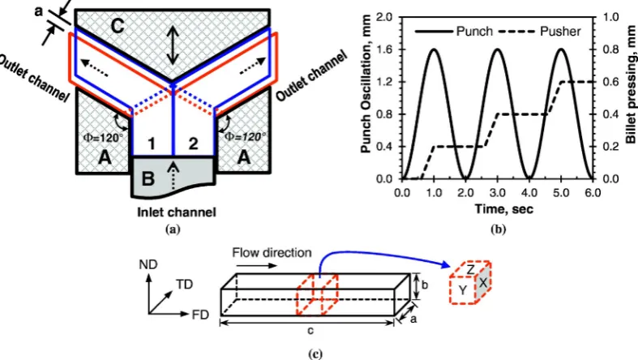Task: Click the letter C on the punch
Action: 118,26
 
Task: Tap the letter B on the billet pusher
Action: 148,178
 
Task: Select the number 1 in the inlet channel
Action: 152,144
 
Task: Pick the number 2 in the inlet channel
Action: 193,144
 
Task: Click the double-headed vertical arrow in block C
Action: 173,45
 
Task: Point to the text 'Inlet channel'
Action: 176,212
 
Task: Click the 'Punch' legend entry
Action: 454,32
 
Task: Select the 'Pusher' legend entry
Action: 540,32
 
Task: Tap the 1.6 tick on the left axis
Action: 386,49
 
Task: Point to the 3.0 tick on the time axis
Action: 497,192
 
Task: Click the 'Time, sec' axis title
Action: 503,209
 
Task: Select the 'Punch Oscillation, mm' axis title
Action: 366,84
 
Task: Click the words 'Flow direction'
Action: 272,253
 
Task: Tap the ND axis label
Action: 148,265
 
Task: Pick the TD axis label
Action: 184,285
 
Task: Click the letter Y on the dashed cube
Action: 463,290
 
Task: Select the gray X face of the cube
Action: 483,282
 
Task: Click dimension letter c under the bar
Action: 310,330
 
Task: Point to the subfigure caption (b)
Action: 499,229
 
